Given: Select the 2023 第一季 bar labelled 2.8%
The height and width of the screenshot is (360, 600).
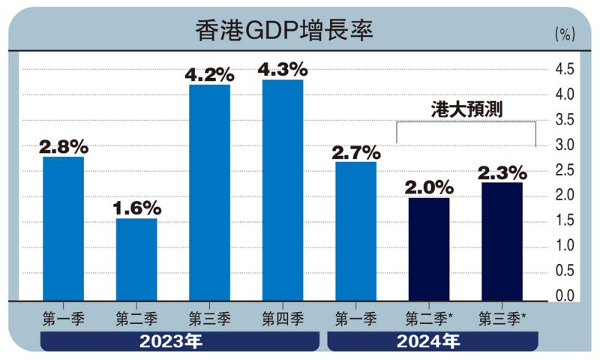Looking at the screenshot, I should click(63, 229).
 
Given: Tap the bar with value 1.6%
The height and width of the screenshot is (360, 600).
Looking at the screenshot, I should click(136, 259).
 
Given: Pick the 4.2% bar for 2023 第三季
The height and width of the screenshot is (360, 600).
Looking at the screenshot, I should click(209, 193).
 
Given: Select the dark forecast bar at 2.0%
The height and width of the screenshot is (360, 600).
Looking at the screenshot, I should click(429, 249).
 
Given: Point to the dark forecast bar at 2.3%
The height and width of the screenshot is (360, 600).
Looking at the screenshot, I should click(502, 241).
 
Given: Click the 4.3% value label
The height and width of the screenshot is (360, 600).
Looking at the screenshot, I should click(282, 69).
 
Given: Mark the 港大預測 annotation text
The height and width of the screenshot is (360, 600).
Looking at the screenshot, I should click(466, 109).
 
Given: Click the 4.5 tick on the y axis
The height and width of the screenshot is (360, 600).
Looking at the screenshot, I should click(564, 70).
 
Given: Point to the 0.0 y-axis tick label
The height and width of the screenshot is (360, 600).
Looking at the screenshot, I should click(564, 295).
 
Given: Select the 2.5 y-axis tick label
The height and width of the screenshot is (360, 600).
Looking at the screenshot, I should click(564, 170).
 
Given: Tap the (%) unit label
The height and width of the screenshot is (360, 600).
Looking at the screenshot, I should click(564, 34).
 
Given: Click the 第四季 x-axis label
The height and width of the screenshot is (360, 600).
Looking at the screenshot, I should click(282, 319).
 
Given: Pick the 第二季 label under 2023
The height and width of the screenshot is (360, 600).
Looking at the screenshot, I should click(136, 319).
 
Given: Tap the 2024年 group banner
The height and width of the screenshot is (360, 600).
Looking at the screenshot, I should click(433, 341).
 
